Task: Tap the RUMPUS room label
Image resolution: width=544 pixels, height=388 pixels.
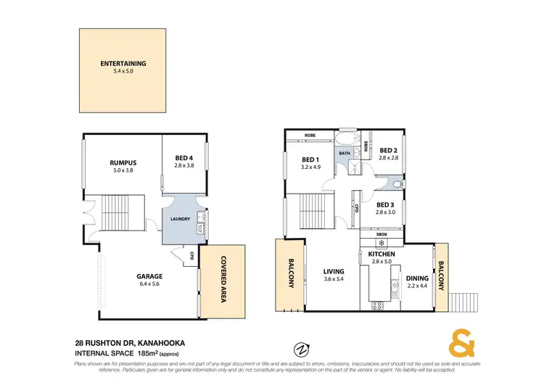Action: pos(123,162)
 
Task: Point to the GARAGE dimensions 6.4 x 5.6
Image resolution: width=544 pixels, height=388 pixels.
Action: pos(150,285)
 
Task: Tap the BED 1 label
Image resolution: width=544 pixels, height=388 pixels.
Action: pos(310,160)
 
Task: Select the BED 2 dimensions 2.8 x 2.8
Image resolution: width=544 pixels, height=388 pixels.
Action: pos(390,157)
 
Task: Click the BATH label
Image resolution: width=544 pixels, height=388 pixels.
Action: pos(345,154)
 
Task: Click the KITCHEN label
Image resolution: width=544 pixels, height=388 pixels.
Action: pos(381,255)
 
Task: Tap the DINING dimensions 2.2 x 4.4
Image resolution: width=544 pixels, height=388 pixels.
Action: pos(417,286)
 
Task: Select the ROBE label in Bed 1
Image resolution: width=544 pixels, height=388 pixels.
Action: pos(309,136)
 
